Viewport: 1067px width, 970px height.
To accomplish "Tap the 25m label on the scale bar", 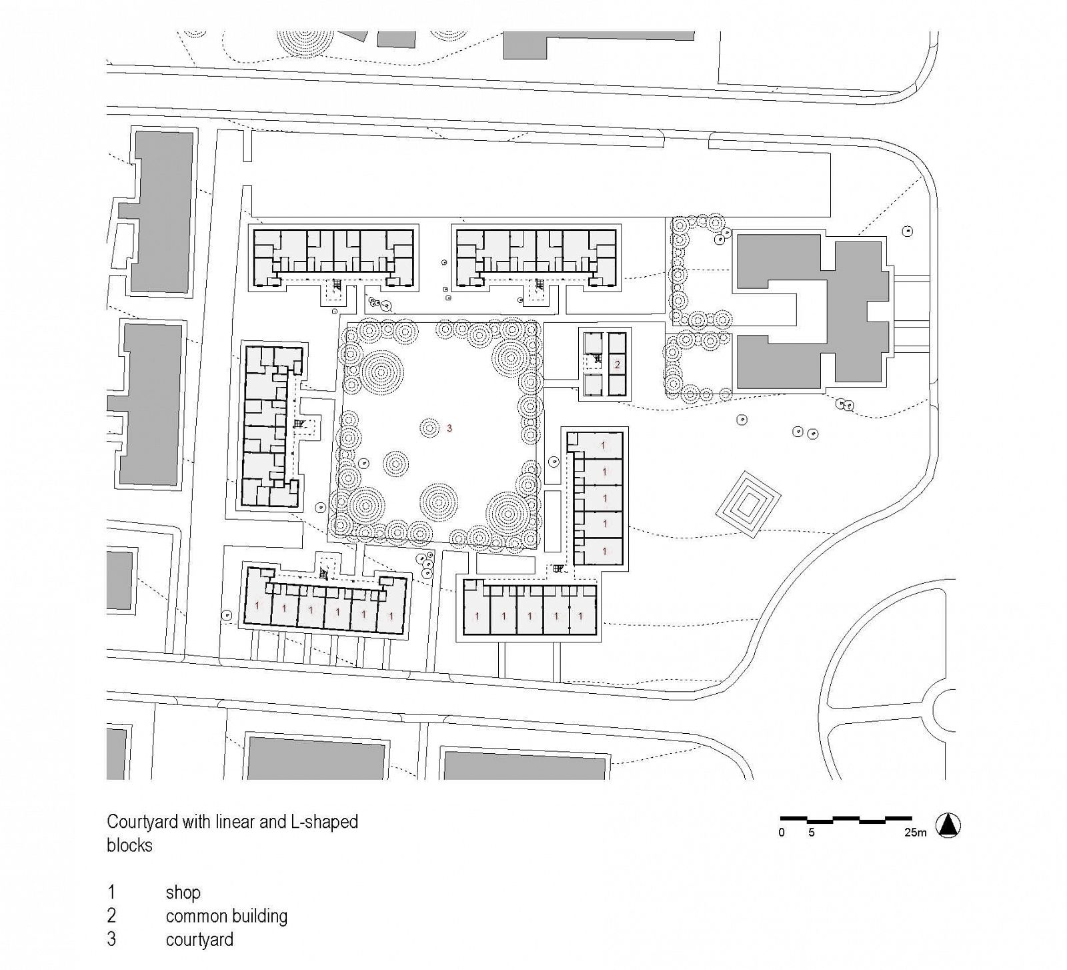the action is pyautogui.click(x=916, y=833).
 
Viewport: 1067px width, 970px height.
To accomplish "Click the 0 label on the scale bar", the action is pyautogui.click(x=782, y=833).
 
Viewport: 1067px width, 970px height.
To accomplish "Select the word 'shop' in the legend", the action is pyautogui.click(x=183, y=893).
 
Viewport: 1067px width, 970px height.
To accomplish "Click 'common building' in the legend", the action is pyautogui.click(x=227, y=916).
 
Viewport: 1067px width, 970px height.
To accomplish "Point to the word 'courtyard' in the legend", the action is pyautogui.click(x=199, y=940).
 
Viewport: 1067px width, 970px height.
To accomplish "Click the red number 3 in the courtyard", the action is pyautogui.click(x=449, y=428).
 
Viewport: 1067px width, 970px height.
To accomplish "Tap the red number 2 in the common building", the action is pyautogui.click(x=618, y=365).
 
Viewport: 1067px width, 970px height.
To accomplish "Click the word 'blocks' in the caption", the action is pyautogui.click(x=129, y=845).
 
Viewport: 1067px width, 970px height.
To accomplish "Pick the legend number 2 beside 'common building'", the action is pyautogui.click(x=111, y=916).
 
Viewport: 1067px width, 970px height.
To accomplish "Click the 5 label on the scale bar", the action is pyautogui.click(x=812, y=833).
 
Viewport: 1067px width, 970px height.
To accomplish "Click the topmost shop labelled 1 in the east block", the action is pyautogui.click(x=604, y=445).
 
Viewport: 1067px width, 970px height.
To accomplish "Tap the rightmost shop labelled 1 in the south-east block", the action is pyautogui.click(x=582, y=616).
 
